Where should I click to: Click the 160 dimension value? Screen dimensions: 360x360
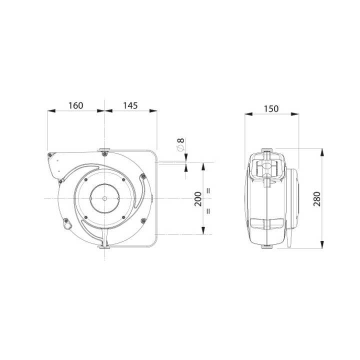pos(76,105)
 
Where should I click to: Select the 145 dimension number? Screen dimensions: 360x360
pos(130,105)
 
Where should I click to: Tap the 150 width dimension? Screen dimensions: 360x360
pos(271,108)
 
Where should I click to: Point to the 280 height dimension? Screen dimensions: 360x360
pos(317,199)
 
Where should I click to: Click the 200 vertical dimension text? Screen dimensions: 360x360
pos(198,199)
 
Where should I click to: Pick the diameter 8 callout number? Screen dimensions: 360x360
pos(181,140)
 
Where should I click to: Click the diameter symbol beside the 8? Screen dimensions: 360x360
pos(180,148)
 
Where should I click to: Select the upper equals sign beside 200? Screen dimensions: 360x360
pos(208,190)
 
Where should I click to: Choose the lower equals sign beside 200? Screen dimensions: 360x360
pos(208,211)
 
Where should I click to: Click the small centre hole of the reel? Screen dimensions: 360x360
pos(104,198)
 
